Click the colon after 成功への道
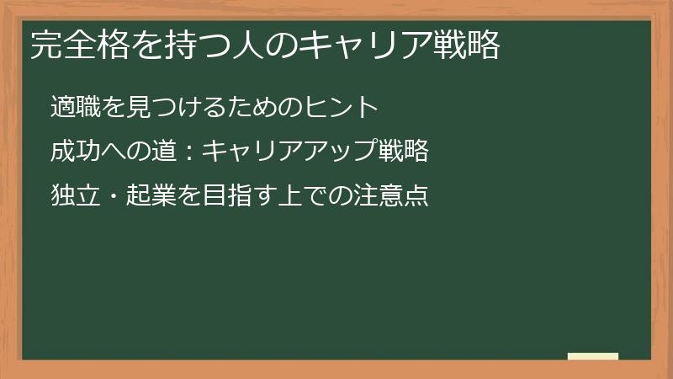coord(190,152)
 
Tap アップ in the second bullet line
coord(342,152)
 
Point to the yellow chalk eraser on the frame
coord(593,357)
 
